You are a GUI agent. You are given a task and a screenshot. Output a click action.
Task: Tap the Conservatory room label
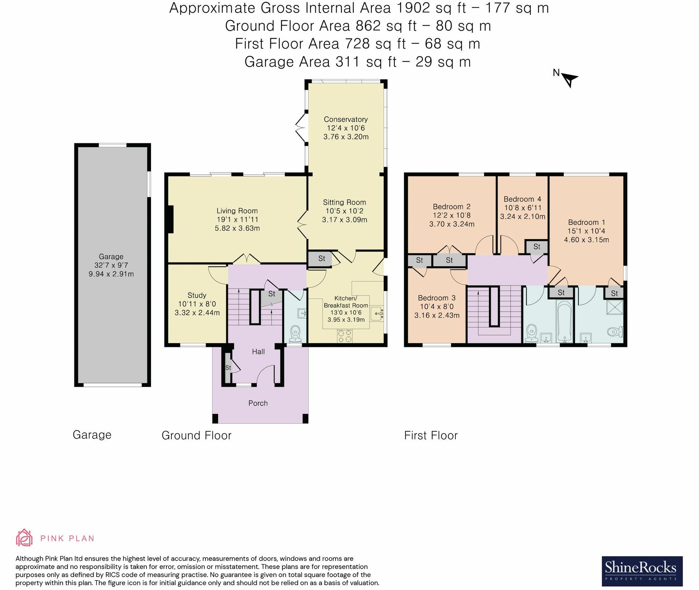point(346,119)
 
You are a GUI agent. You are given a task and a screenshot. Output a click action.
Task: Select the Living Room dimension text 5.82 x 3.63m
point(237,228)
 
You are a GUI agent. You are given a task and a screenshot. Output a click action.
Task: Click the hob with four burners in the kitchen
point(345,336)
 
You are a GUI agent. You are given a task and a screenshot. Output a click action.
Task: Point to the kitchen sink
point(376,313)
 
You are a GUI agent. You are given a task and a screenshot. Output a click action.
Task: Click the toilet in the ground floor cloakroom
point(295,334)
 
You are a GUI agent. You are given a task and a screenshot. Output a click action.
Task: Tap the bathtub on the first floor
point(564,321)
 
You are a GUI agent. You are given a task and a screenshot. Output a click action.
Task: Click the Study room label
point(197,295)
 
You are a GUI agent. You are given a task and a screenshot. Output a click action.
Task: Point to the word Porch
point(258,403)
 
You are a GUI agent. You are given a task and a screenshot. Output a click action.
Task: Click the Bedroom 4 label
point(522,199)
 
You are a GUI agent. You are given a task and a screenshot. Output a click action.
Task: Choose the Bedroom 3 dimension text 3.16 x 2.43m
point(437,315)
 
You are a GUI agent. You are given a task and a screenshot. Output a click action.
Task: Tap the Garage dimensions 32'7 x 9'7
point(111,265)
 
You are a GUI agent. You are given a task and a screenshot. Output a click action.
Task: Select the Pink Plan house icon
point(24,538)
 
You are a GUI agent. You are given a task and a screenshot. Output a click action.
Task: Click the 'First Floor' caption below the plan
point(431,435)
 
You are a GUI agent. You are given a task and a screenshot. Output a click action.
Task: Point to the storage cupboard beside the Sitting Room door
point(319,259)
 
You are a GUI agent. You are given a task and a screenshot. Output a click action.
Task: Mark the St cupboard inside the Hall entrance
point(228,368)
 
